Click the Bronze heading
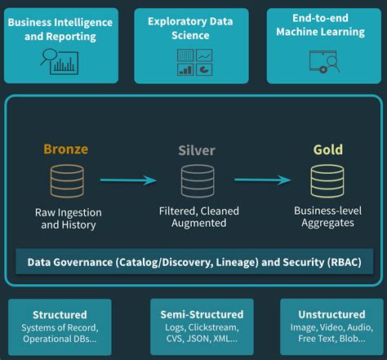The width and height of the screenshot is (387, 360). coord(65,149)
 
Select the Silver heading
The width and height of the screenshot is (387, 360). coord(196,150)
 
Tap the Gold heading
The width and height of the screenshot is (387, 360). coord(327,150)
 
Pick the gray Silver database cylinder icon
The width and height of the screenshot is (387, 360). coord(196,181)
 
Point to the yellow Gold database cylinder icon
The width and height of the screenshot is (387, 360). coord(327,181)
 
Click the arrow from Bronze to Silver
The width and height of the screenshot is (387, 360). coord(128,180)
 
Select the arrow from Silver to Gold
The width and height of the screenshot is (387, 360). coord(262,180)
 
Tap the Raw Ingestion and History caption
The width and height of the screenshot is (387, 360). coord(68,218)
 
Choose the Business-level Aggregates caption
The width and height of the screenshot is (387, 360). coord(327,216)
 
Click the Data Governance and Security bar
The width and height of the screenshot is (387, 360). coord(193,263)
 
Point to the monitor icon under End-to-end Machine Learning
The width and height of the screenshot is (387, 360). coord(324,61)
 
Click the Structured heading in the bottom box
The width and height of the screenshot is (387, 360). coord(60,314)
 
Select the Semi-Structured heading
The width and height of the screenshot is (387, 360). coord(202,314)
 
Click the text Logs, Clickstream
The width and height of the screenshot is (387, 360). coord(202,327)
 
